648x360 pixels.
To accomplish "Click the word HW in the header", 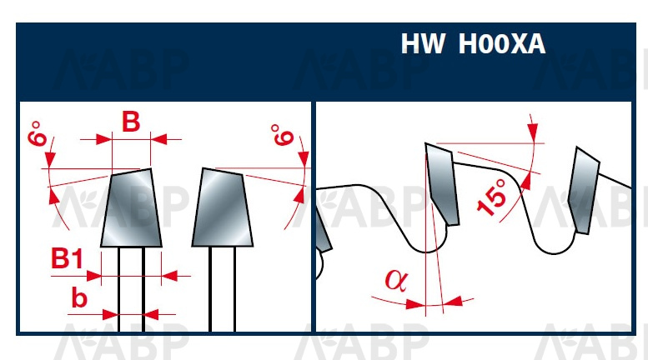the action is click(x=423, y=43).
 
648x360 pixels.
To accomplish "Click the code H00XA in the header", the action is click(x=502, y=44).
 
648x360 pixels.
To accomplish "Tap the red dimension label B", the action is click(x=131, y=122).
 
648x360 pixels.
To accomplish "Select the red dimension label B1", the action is click(x=68, y=258).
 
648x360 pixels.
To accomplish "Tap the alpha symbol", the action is click(x=396, y=280).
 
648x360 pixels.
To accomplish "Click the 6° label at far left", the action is click(x=38, y=133).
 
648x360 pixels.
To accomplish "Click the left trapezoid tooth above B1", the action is click(x=132, y=207).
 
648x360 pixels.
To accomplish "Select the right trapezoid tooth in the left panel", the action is click(x=222, y=207).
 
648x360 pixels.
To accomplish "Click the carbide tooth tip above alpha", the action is click(x=442, y=183).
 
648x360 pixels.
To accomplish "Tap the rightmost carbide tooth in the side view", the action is click(x=584, y=190).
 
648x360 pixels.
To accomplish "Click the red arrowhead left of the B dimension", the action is click(x=103, y=139).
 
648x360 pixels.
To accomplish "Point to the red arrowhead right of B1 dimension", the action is click(x=169, y=275).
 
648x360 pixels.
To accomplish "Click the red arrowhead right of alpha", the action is click(x=453, y=302).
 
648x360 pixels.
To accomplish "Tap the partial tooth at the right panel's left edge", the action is click(x=324, y=231).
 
